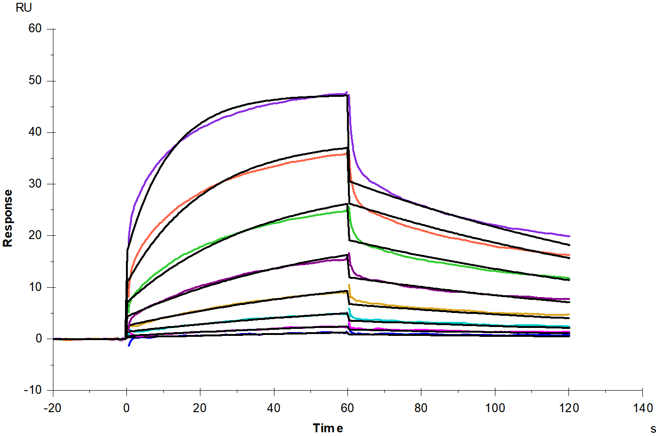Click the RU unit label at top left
click(x=23, y=8)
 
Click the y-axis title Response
click(x=7, y=218)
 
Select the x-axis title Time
click(x=328, y=428)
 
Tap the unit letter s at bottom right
click(x=653, y=429)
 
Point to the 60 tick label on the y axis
click(x=35, y=29)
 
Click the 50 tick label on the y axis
click(x=35, y=80)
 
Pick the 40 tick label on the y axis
click(x=35, y=132)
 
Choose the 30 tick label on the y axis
click(x=35, y=184)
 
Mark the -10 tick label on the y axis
click(x=32, y=390)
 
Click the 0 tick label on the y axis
click(x=38, y=339)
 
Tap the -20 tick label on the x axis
click(x=52, y=408)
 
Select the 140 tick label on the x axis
click(x=643, y=408)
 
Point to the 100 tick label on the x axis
click(x=495, y=408)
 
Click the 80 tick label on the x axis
click(x=421, y=408)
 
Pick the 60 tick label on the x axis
click(x=347, y=408)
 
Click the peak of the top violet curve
click(x=346, y=93)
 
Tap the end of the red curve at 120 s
click(x=569, y=255)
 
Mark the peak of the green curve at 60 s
click(x=347, y=211)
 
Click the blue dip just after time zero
click(x=129, y=345)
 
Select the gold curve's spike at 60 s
click(x=349, y=285)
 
